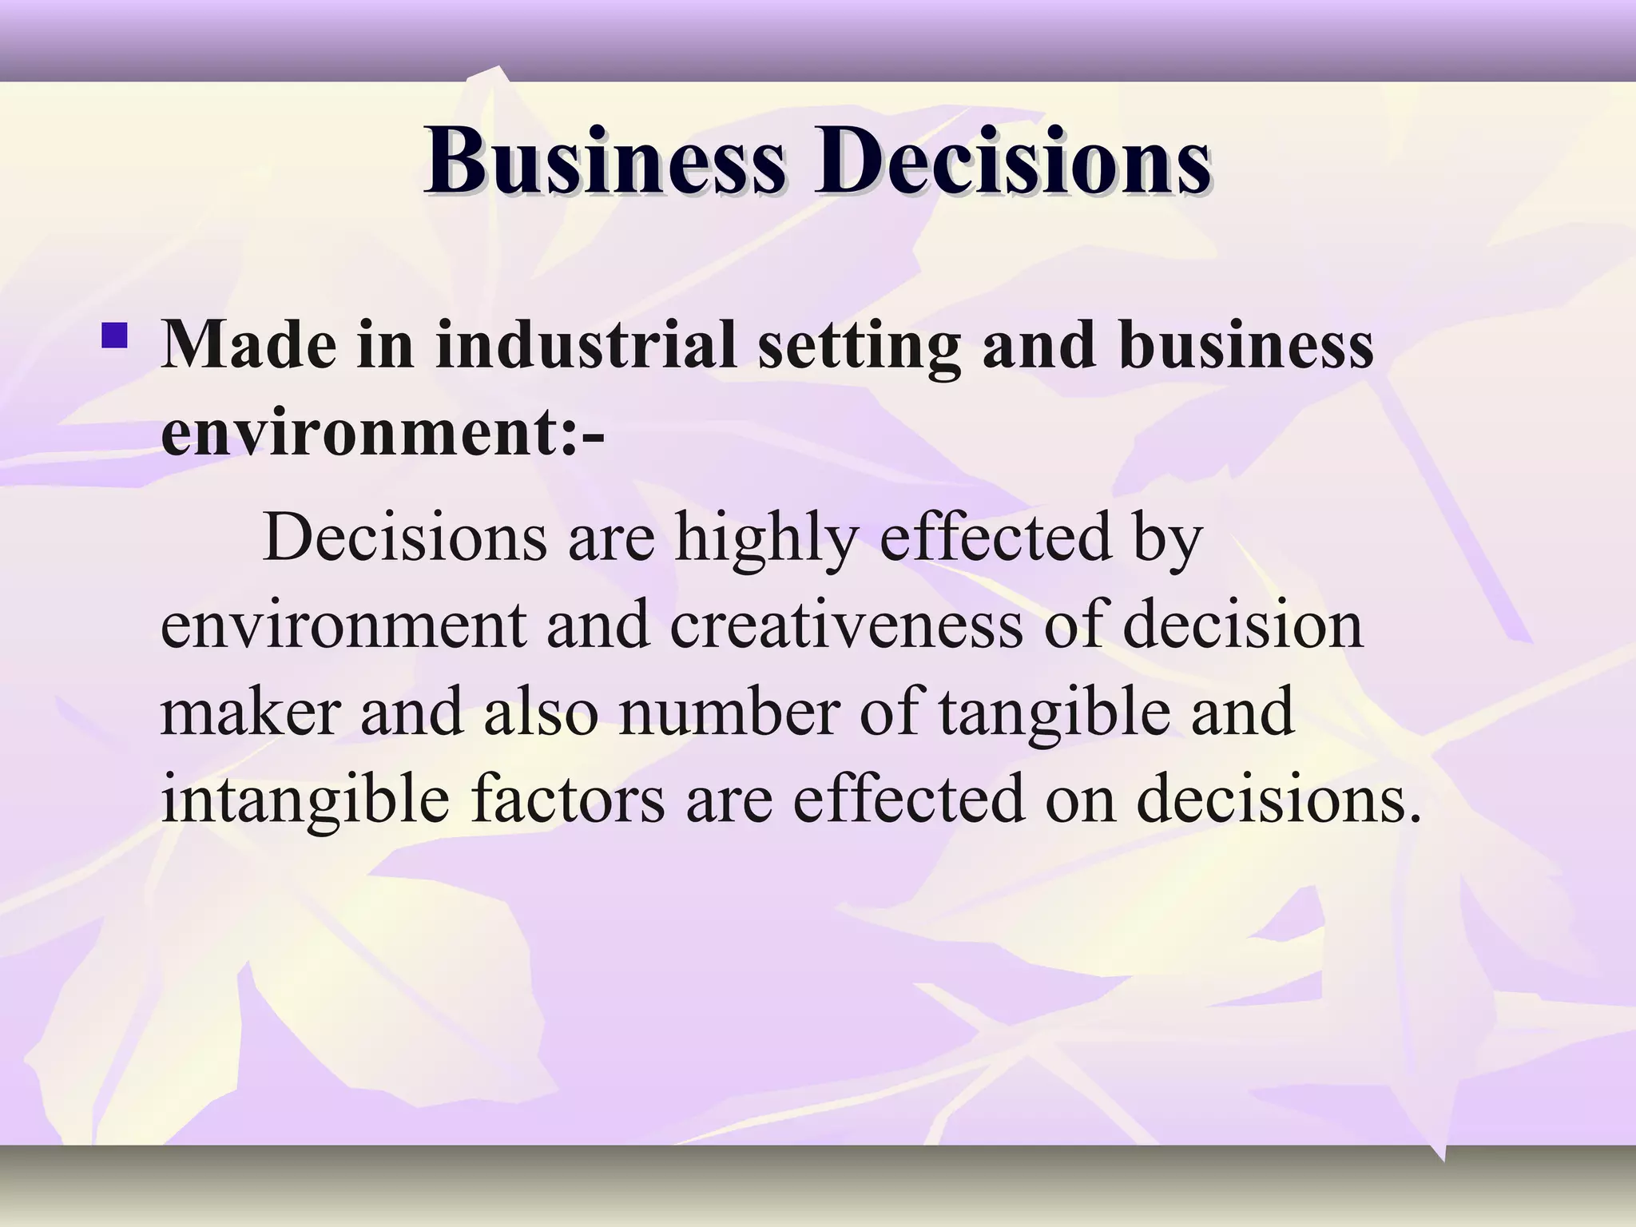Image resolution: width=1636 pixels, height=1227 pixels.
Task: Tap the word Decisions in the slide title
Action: click(1012, 161)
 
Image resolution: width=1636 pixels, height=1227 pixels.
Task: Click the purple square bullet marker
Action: click(114, 335)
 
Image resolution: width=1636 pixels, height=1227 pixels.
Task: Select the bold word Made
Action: click(248, 345)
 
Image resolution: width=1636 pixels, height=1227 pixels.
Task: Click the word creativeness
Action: click(846, 625)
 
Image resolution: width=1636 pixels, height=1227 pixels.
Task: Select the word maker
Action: click(251, 712)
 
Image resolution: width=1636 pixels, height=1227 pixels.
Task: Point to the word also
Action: click(541, 712)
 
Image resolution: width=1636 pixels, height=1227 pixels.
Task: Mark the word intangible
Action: click(305, 801)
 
